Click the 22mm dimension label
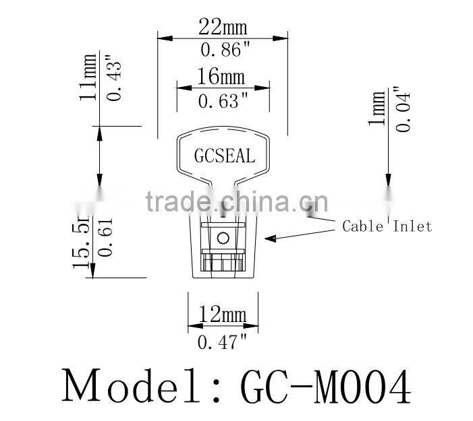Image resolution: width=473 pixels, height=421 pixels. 222,28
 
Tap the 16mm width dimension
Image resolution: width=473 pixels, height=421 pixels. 222,76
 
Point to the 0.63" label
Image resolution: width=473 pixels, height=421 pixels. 223,101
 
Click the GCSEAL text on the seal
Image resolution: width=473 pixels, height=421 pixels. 225,156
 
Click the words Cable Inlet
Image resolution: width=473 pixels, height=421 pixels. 387,226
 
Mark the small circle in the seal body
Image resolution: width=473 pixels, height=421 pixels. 222,236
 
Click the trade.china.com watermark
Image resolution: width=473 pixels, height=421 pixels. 237,200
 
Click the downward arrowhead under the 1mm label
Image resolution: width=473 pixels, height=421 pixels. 387,184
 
